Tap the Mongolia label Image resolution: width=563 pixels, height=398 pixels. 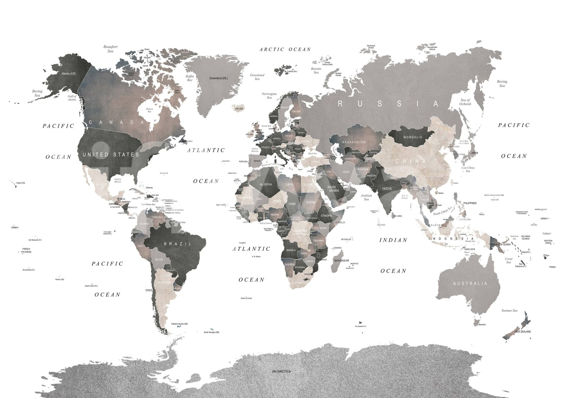413,137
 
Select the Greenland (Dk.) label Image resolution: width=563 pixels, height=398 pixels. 218,78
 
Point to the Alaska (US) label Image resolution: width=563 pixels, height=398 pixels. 69,74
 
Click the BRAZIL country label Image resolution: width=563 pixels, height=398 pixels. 178,244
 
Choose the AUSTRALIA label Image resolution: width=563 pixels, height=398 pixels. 470,283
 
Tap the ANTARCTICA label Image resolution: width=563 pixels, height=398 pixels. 281,371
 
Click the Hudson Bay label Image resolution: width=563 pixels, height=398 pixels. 150,110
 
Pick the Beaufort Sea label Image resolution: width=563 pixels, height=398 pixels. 110,49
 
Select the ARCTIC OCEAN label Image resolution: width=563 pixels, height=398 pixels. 285,49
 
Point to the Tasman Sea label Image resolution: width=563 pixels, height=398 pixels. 509,310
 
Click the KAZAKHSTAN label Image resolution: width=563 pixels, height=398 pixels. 354,142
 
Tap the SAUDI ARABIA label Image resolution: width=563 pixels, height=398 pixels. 333,189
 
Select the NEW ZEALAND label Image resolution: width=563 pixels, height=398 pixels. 522,332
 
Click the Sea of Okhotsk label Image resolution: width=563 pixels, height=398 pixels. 465,102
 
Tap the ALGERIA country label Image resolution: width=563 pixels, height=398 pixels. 266,184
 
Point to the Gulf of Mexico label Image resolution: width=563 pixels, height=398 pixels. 117,180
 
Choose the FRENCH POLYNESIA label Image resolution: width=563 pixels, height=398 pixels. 26,250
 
